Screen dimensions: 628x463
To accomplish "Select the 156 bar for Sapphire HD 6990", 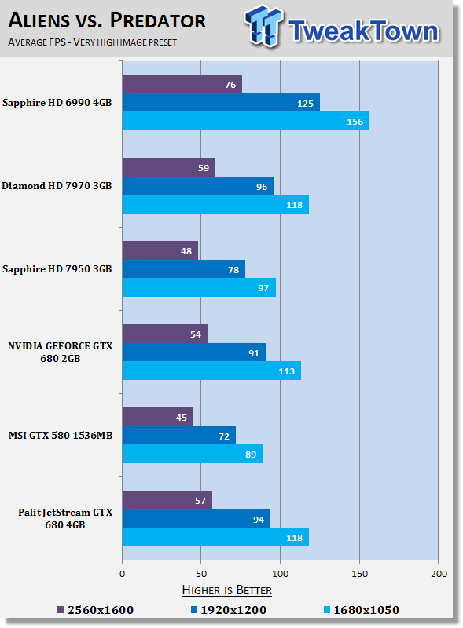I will [245, 121].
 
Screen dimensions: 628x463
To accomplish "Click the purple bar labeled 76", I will [182, 83].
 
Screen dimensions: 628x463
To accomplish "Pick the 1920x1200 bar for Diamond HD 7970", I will [198, 186].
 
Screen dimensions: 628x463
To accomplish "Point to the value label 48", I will [187, 250].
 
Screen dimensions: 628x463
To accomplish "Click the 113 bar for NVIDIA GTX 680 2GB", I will [211, 371].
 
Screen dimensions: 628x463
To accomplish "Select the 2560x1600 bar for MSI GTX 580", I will [157, 417].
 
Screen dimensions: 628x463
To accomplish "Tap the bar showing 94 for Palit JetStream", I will [197, 519].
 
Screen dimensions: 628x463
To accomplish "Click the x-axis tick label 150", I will [359, 574].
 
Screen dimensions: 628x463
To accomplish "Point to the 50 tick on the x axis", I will [201, 574].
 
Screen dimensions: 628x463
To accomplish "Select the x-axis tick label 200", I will [438, 574].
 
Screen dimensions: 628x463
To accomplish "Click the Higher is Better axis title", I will [226, 590].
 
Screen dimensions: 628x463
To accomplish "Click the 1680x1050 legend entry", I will [361, 610].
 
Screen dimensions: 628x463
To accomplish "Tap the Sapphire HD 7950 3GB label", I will [57, 268].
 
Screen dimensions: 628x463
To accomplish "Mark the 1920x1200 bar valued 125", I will [221, 102].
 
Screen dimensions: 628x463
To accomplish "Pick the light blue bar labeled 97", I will [199, 287].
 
